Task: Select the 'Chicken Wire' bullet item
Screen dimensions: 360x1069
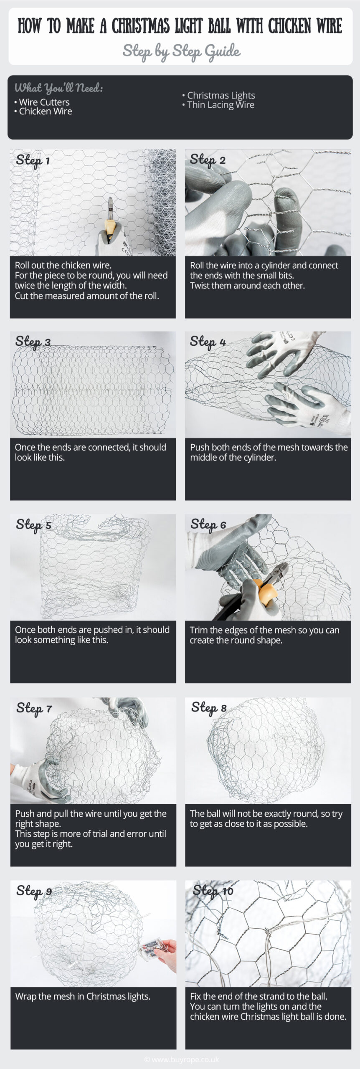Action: click(x=43, y=111)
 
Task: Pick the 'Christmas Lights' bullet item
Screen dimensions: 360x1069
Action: click(x=218, y=95)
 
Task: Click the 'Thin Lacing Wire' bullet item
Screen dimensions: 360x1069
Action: click(x=218, y=105)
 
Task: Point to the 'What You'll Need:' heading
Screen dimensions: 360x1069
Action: click(x=59, y=88)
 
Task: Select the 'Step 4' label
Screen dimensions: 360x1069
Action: click(x=208, y=342)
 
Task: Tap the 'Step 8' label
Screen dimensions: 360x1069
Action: click(x=209, y=708)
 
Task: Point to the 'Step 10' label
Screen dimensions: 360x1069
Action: click(x=213, y=891)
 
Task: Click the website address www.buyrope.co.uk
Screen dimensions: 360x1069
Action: click(x=181, y=1059)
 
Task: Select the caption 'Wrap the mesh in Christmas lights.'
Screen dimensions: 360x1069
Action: click(x=83, y=996)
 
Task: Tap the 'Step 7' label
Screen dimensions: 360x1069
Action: click(x=34, y=708)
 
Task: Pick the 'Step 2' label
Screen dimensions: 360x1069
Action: click(x=208, y=160)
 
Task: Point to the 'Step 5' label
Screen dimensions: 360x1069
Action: click(x=33, y=525)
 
